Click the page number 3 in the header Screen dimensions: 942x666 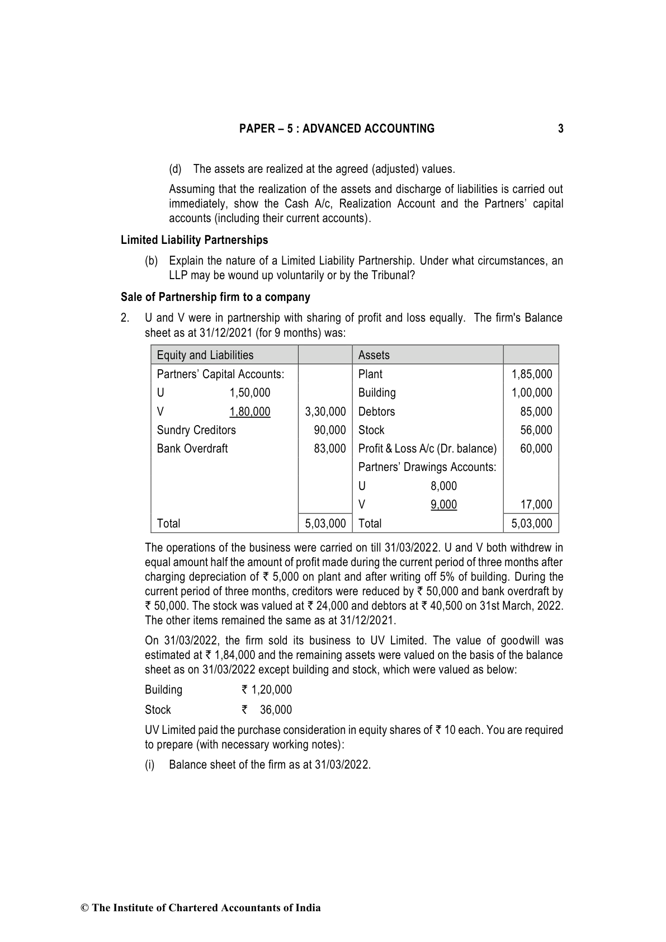pyautogui.click(x=560, y=129)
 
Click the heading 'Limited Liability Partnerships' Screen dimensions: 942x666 pyautogui.click(x=194, y=240)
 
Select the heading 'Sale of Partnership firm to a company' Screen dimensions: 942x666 pyautogui.click(x=215, y=297)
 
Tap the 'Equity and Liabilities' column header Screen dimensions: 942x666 pyautogui.click(x=205, y=355)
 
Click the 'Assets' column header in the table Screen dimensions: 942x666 pyautogui.click(x=374, y=355)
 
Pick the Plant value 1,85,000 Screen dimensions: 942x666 pyautogui.click(x=531, y=374)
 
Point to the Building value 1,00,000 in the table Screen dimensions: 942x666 pyautogui.click(x=531, y=393)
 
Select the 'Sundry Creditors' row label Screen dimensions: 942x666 pyautogui.click(x=196, y=430)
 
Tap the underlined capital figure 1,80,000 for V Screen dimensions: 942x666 pyautogui.click(x=249, y=412)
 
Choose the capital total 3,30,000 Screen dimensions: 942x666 pyautogui.click(x=325, y=412)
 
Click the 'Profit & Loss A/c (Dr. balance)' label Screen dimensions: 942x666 pyautogui.click(x=427, y=449)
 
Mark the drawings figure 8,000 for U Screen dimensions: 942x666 pyautogui.click(x=443, y=486)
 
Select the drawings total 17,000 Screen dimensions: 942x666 pyautogui.click(x=536, y=505)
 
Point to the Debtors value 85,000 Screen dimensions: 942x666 pyautogui.click(x=536, y=412)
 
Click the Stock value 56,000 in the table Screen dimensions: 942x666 pyautogui.click(x=536, y=430)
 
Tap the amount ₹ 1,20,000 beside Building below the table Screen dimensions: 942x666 pyautogui.click(x=266, y=690)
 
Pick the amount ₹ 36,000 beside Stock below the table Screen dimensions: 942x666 pyautogui.click(x=267, y=710)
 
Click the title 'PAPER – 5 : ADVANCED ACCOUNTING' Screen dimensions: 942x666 pyautogui.click(x=337, y=129)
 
